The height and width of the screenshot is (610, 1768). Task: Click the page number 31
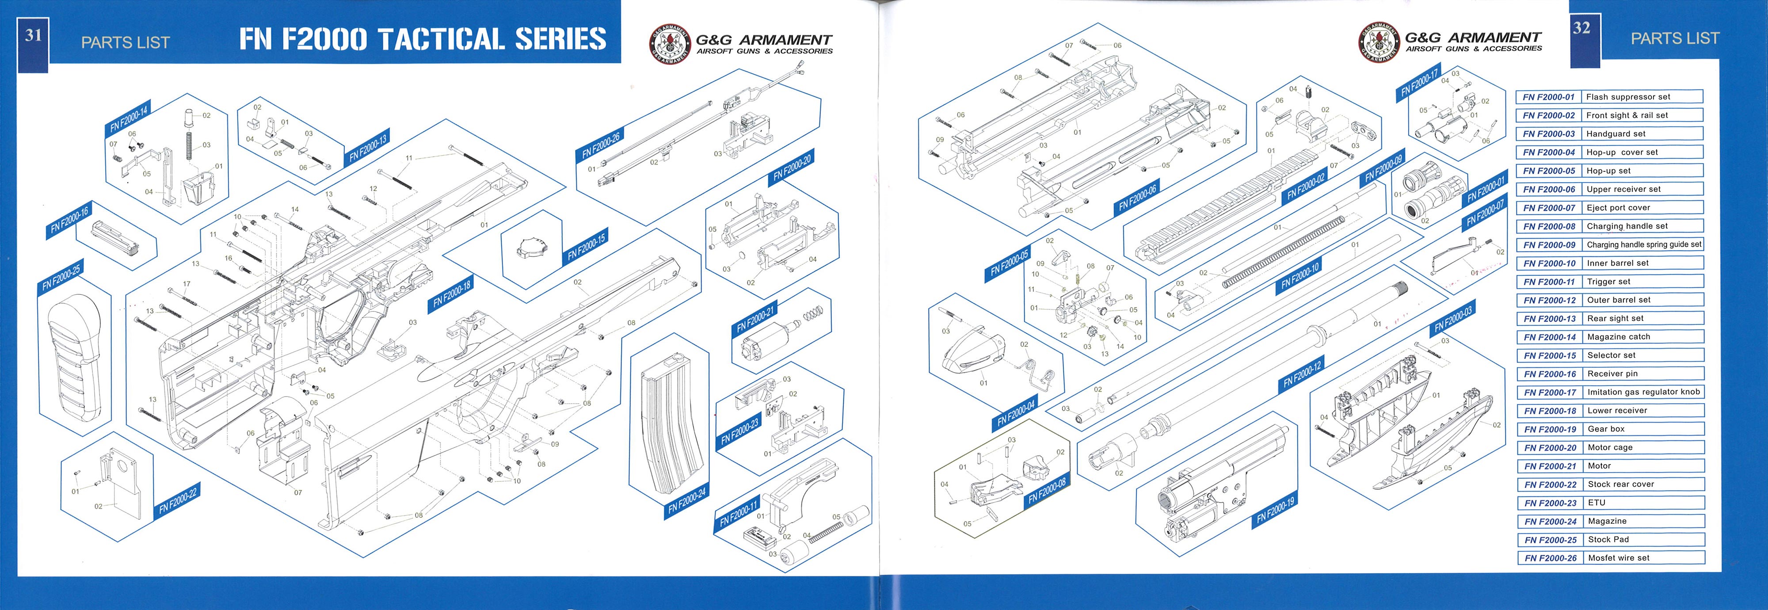(x=33, y=36)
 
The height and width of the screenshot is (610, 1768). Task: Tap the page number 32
(x=1581, y=28)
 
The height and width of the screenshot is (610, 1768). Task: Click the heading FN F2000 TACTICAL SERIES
(x=423, y=39)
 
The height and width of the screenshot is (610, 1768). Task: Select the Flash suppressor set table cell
(x=1642, y=97)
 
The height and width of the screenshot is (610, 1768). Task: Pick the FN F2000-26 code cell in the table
(x=1550, y=558)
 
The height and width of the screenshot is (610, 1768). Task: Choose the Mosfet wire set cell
(x=1642, y=558)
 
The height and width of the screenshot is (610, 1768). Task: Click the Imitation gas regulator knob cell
(x=1642, y=392)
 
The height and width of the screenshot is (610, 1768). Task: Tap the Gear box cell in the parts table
(x=1642, y=429)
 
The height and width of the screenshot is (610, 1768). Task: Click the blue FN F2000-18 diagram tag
(x=452, y=294)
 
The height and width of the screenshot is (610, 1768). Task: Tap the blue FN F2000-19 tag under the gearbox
(x=1275, y=511)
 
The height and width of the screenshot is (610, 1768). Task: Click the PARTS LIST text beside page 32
(x=1675, y=38)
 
